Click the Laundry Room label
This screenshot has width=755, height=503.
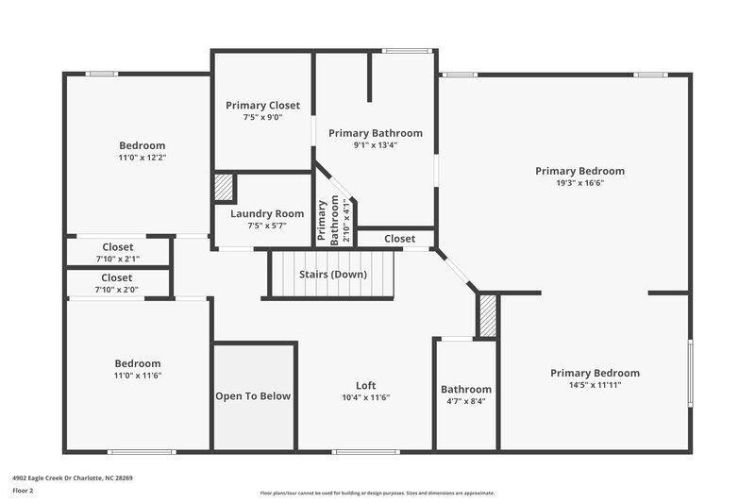(267, 213)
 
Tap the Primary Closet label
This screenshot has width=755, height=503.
(261, 105)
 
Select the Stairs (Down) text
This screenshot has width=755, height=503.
(333, 275)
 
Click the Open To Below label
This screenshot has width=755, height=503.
(253, 396)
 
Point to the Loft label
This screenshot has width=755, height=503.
(365, 385)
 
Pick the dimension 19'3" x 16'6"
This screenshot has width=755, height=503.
(579, 183)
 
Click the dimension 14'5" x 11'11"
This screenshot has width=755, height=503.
(595, 385)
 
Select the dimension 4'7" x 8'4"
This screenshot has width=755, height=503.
(466, 401)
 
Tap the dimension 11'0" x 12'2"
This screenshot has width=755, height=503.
(142, 158)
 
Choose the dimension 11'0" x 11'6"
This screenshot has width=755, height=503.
(138, 376)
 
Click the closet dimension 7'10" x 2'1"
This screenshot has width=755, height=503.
(117, 259)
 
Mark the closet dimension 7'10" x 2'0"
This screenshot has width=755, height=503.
(117, 290)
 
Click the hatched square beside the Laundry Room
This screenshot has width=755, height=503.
(224, 187)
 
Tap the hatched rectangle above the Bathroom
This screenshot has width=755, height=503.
(487, 316)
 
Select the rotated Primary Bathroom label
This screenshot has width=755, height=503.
(327, 221)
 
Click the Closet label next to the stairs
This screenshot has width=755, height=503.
(399, 239)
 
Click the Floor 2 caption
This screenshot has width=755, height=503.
(23, 492)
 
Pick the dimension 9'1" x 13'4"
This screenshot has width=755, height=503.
(375, 145)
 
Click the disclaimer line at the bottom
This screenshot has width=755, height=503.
(377, 493)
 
